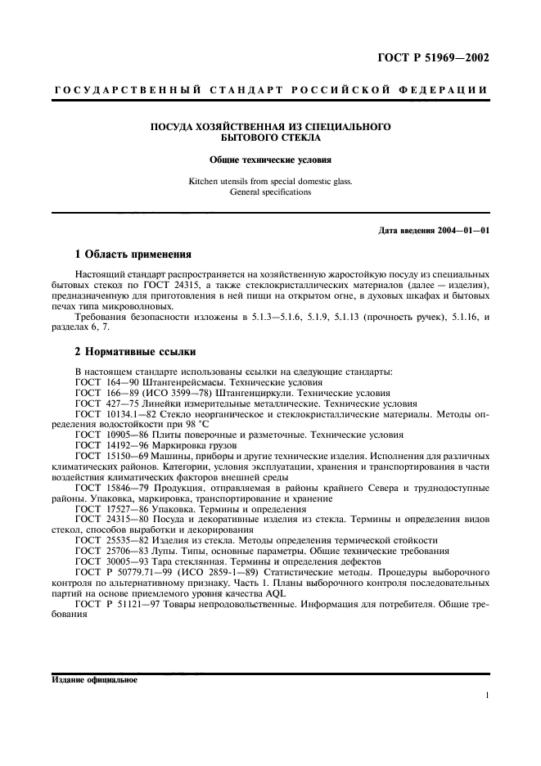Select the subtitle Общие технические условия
(x=269, y=161)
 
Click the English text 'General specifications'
(x=270, y=192)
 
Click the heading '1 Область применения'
(x=132, y=254)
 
